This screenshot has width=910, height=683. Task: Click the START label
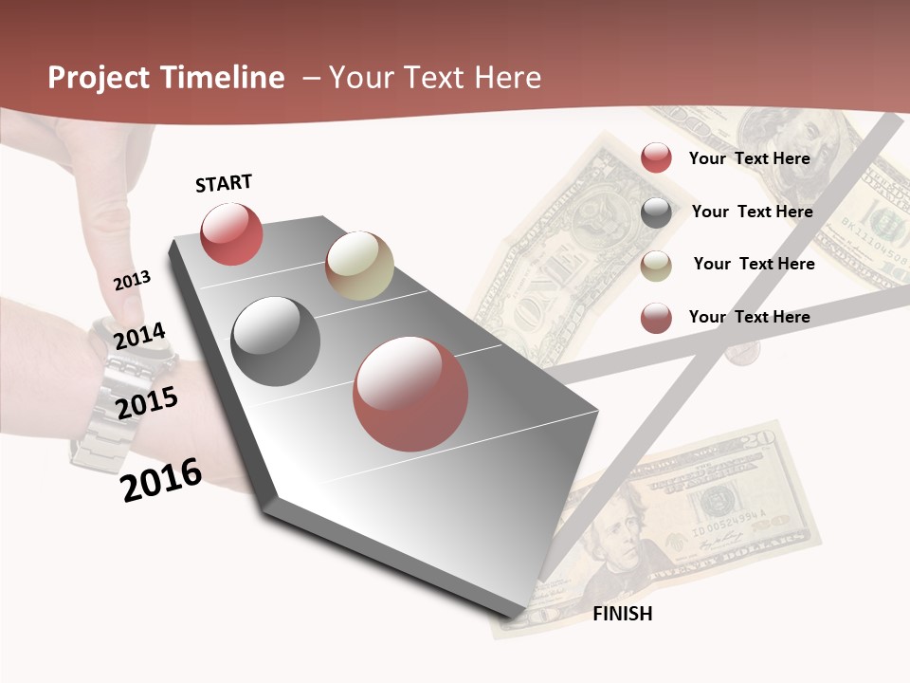pyautogui.click(x=224, y=183)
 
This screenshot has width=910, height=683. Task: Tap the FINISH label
pyautogui.click(x=622, y=614)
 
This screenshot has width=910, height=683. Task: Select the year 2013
pyautogui.click(x=133, y=280)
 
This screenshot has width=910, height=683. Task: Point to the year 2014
pyautogui.click(x=140, y=336)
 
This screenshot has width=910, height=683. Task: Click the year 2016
pyautogui.click(x=162, y=479)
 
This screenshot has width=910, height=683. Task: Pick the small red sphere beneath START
pyautogui.click(x=231, y=233)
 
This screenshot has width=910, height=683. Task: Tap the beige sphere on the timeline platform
pyautogui.click(x=359, y=266)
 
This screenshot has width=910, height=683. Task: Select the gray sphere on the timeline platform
pyautogui.click(x=276, y=341)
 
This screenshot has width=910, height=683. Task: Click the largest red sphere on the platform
pyautogui.click(x=410, y=394)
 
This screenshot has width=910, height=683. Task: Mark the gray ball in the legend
pyautogui.click(x=656, y=212)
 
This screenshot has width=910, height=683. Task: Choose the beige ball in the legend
pyautogui.click(x=656, y=266)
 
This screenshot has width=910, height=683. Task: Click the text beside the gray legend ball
pyautogui.click(x=752, y=212)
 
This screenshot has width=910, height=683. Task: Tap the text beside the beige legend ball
pyautogui.click(x=754, y=264)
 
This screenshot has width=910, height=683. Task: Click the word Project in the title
pyautogui.click(x=97, y=78)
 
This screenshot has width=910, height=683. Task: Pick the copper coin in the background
pyautogui.click(x=741, y=353)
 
